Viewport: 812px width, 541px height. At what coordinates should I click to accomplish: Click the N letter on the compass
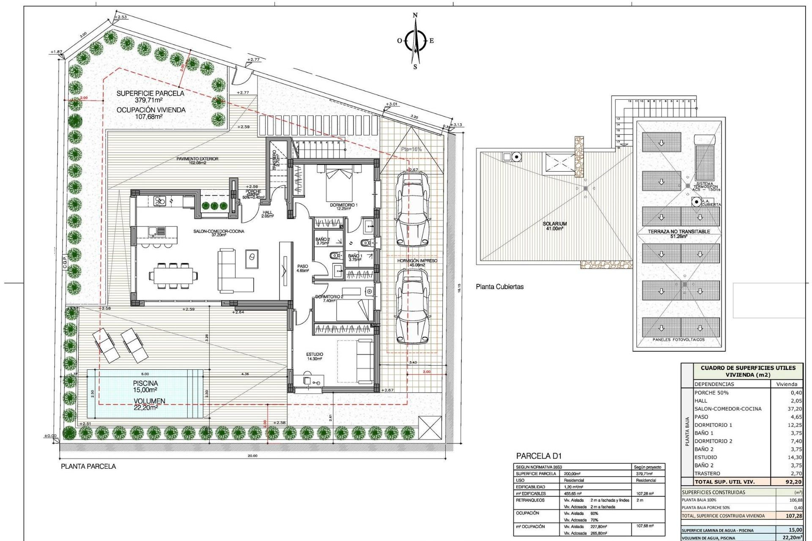(x=415, y=16)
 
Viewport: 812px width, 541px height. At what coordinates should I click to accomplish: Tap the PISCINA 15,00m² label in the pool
(x=145, y=386)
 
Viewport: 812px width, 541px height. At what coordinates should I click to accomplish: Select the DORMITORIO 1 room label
(x=343, y=207)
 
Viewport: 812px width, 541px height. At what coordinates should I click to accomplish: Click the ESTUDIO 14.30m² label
(x=315, y=356)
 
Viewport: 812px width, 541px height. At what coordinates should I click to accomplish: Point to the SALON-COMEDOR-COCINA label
(x=219, y=233)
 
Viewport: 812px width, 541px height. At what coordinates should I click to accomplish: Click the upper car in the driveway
(x=411, y=210)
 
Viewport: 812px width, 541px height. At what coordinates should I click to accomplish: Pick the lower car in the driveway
(x=411, y=306)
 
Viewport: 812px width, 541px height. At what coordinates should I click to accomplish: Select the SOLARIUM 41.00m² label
(x=554, y=226)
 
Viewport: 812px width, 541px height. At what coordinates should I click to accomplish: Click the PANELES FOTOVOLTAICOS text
(x=678, y=339)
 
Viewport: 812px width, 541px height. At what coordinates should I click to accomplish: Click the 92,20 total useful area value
(x=793, y=481)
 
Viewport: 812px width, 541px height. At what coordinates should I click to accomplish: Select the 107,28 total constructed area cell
(x=793, y=516)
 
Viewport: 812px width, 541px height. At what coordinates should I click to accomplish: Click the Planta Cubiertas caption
(x=499, y=287)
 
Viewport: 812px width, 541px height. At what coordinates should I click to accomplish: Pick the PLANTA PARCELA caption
(x=88, y=466)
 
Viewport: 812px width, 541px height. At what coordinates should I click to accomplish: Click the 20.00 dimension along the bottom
(x=252, y=456)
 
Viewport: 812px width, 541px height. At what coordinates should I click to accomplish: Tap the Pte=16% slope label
(x=411, y=149)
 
